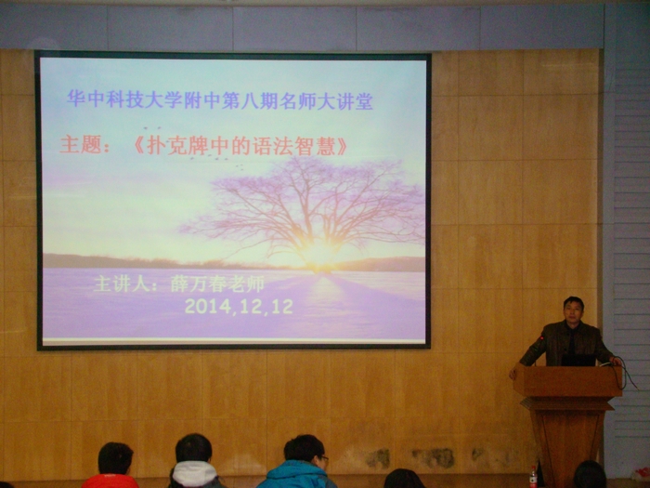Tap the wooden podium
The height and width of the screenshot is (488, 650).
(567, 419)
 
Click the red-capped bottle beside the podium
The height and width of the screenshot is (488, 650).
(533, 477)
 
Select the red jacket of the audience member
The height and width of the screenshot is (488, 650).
(110, 481)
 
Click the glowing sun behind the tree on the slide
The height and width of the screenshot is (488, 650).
(318, 253)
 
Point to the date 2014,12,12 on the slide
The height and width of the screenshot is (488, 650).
(239, 307)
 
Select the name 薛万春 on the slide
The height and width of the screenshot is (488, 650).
(197, 284)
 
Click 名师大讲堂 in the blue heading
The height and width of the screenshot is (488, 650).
(326, 101)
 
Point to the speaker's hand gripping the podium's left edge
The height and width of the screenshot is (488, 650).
(513, 373)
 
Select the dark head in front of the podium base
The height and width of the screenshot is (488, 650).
(590, 475)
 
